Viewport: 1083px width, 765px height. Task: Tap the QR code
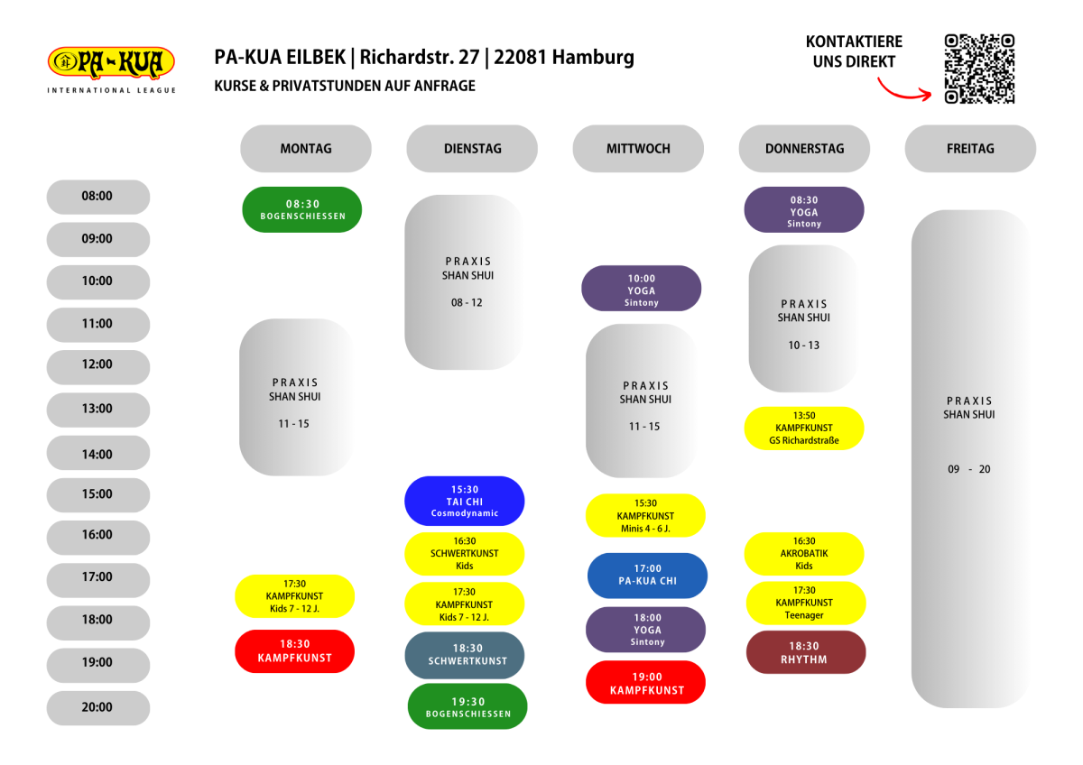tap(979, 69)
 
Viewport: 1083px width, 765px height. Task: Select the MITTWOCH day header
tap(638, 148)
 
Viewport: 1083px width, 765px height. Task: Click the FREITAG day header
tap(970, 148)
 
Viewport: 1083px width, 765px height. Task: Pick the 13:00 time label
tap(98, 410)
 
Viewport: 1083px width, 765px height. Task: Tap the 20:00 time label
tap(98, 707)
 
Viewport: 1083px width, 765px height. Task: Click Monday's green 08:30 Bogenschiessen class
tap(302, 209)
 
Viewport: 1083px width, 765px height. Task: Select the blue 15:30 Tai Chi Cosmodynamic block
tap(465, 501)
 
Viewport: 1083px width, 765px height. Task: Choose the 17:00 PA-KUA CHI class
tap(647, 575)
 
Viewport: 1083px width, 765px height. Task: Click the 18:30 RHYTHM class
tap(806, 652)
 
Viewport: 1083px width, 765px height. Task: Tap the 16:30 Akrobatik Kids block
tap(804, 553)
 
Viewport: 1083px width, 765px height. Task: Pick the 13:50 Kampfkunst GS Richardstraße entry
tap(804, 429)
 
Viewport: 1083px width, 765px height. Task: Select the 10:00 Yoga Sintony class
tap(641, 288)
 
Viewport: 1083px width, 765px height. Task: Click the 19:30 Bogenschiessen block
tap(467, 706)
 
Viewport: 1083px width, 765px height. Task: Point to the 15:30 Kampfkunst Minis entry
tap(645, 515)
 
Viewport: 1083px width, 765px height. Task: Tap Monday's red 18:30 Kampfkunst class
tap(294, 651)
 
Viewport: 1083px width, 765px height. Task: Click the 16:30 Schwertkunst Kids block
tap(465, 554)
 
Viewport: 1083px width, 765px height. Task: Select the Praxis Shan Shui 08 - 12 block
tap(465, 282)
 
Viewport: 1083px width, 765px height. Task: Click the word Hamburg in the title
tap(593, 58)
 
